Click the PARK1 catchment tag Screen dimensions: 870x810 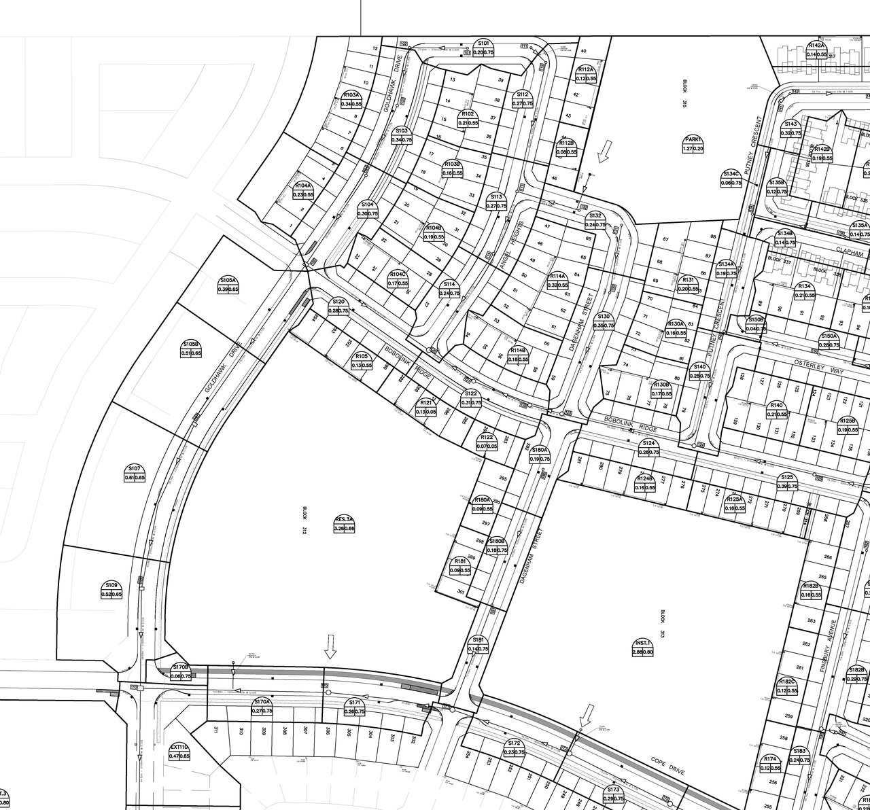[x=693, y=144]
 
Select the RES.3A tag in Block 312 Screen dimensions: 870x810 [x=345, y=523]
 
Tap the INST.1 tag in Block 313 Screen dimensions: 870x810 [x=643, y=647]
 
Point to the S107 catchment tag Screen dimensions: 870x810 [x=135, y=473]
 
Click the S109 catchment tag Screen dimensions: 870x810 [x=111, y=589]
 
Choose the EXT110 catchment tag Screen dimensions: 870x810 [x=179, y=751]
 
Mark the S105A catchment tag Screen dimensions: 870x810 [x=228, y=285]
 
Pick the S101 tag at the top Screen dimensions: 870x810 [x=483, y=48]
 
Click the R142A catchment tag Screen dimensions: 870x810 [x=816, y=50]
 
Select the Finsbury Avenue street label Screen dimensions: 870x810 [x=830, y=646]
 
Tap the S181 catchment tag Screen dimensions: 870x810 [x=478, y=644]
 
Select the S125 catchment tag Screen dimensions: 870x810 [x=787, y=482]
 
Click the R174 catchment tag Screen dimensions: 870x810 [x=770, y=763]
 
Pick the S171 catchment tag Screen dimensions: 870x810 [x=354, y=707]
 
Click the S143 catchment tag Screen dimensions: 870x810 [x=790, y=128]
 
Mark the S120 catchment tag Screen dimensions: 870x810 [x=338, y=306]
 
